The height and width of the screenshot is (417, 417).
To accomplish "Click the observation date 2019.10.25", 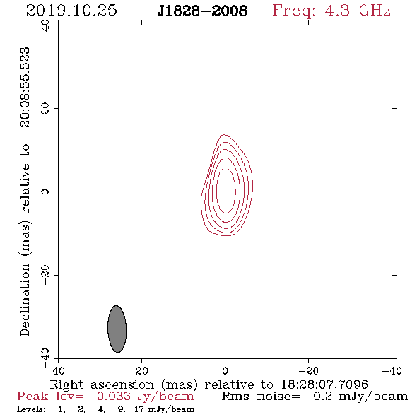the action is pyautogui.click(x=71, y=11).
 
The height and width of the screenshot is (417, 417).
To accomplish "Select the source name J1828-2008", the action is pyautogui.click(x=202, y=11).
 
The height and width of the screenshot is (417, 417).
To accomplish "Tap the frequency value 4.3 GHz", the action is pyautogui.click(x=358, y=11).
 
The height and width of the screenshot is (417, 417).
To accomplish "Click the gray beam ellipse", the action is pyautogui.click(x=117, y=329).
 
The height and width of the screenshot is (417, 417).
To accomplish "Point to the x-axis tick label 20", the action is pyautogui.click(x=142, y=371).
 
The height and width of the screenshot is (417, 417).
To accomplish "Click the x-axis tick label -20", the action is pyautogui.click(x=308, y=371).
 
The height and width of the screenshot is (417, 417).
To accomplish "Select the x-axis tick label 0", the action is pyautogui.click(x=225, y=371).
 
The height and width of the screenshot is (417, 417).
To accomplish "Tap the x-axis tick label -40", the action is pyautogui.click(x=392, y=371).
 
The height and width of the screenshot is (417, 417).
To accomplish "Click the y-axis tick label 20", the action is pyautogui.click(x=45, y=109).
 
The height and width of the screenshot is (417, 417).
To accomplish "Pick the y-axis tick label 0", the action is pyautogui.click(x=45, y=192).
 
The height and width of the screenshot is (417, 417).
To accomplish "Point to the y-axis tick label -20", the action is pyautogui.click(x=45, y=275).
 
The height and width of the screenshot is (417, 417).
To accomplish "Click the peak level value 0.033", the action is pyautogui.click(x=114, y=397).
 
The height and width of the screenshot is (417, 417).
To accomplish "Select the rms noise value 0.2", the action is pyautogui.click(x=323, y=397).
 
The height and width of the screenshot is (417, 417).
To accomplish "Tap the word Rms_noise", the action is pyautogui.click(x=261, y=397).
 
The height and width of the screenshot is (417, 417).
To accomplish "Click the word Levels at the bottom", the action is pyautogui.click(x=31, y=409).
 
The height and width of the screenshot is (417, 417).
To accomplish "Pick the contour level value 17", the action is pyautogui.click(x=139, y=409).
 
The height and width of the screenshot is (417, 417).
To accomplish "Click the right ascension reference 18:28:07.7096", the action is pyautogui.click(x=324, y=384).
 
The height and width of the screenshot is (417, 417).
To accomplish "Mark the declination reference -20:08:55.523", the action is pyautogui.click(x=25, y=93).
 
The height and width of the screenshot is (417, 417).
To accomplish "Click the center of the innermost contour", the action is pyautogui.click(x=225, y=190).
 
